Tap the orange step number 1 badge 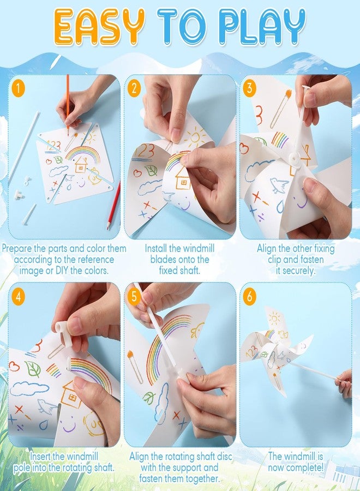coord(20,87)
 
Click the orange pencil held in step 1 coord(68,104)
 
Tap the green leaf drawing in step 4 coord(34,369)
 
